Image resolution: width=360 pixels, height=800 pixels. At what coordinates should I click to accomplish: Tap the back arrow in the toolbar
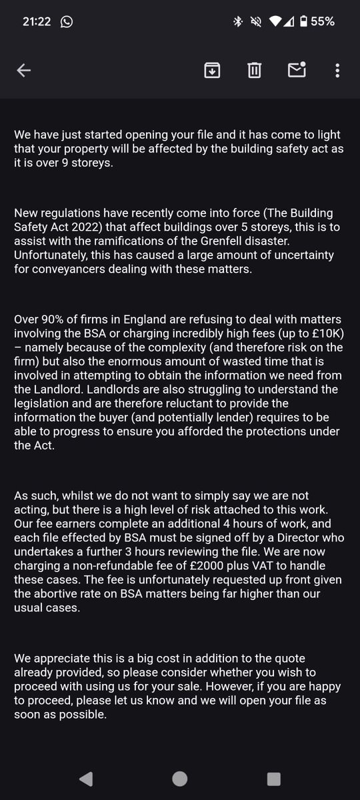[24, 70]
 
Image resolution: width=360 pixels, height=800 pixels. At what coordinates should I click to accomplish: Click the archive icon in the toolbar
[212, 70]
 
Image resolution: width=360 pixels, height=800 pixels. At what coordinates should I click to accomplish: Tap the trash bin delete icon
[254, 70]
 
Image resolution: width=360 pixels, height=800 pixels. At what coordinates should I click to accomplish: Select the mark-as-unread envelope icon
[297, 70]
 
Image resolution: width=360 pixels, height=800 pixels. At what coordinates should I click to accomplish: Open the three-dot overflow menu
[337, 70]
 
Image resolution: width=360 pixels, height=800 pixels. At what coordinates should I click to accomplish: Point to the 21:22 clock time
[36, 21]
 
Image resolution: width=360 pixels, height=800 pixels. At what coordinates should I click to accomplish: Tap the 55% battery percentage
[323, 21]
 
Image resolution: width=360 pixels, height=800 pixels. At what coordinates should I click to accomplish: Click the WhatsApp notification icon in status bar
[66, 21]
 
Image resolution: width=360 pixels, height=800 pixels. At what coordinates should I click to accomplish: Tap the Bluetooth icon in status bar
[237, 21]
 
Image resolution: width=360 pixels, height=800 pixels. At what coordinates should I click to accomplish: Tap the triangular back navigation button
[86, 779]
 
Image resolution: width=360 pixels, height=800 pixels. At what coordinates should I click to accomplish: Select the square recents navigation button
[273, 779]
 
